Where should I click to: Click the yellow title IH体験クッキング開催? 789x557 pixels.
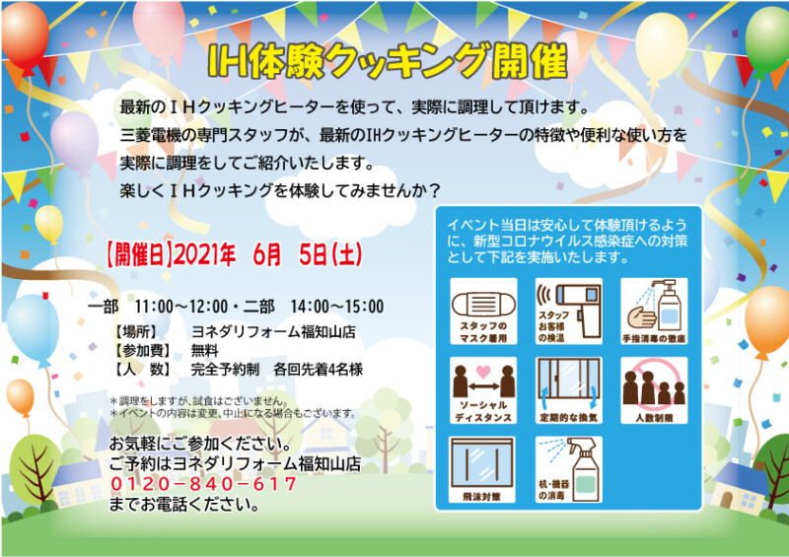[x=388, y=61]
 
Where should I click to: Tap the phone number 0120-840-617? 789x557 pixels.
[x=203, y=483]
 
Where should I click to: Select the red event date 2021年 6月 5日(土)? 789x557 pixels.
[x=267, y=254]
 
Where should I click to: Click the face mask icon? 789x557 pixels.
[x=483, y=304]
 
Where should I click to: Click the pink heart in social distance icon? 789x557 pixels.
[x=483, y=372]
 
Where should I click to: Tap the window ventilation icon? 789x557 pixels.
[x=569, y=383]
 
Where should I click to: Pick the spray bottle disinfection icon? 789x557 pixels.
[x=579, y=469]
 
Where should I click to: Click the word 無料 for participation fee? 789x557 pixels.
[x=204, y=350]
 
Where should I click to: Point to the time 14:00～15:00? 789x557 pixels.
[x=337, y=306]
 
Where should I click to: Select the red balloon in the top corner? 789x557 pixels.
[x=25, y=35]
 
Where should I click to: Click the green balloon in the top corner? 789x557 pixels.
[x=767, y=40]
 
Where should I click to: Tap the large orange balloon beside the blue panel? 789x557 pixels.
[x=766, y=320]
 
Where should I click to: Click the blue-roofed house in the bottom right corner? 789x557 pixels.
[x=740, y=489]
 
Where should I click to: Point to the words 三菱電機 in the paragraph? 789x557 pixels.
[x=150, y=135]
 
